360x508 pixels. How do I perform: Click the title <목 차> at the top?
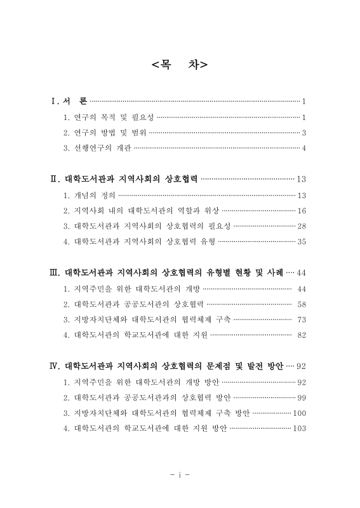180,65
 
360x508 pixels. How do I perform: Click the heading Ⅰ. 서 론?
69,101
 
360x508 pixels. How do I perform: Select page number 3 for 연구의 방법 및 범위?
305,133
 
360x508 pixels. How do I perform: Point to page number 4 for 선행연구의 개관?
305,149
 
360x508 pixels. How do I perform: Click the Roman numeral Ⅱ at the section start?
55,179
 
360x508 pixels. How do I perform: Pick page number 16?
302,210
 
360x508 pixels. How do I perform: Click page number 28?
302,226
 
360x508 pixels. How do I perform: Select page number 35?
302,241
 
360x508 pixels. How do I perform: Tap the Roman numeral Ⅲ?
55,272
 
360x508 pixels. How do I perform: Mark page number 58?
302,304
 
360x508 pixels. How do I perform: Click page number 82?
302,335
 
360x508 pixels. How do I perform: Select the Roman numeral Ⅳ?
55,366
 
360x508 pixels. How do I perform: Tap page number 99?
302,397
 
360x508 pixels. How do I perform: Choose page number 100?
300,413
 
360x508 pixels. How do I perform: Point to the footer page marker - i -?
180,474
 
